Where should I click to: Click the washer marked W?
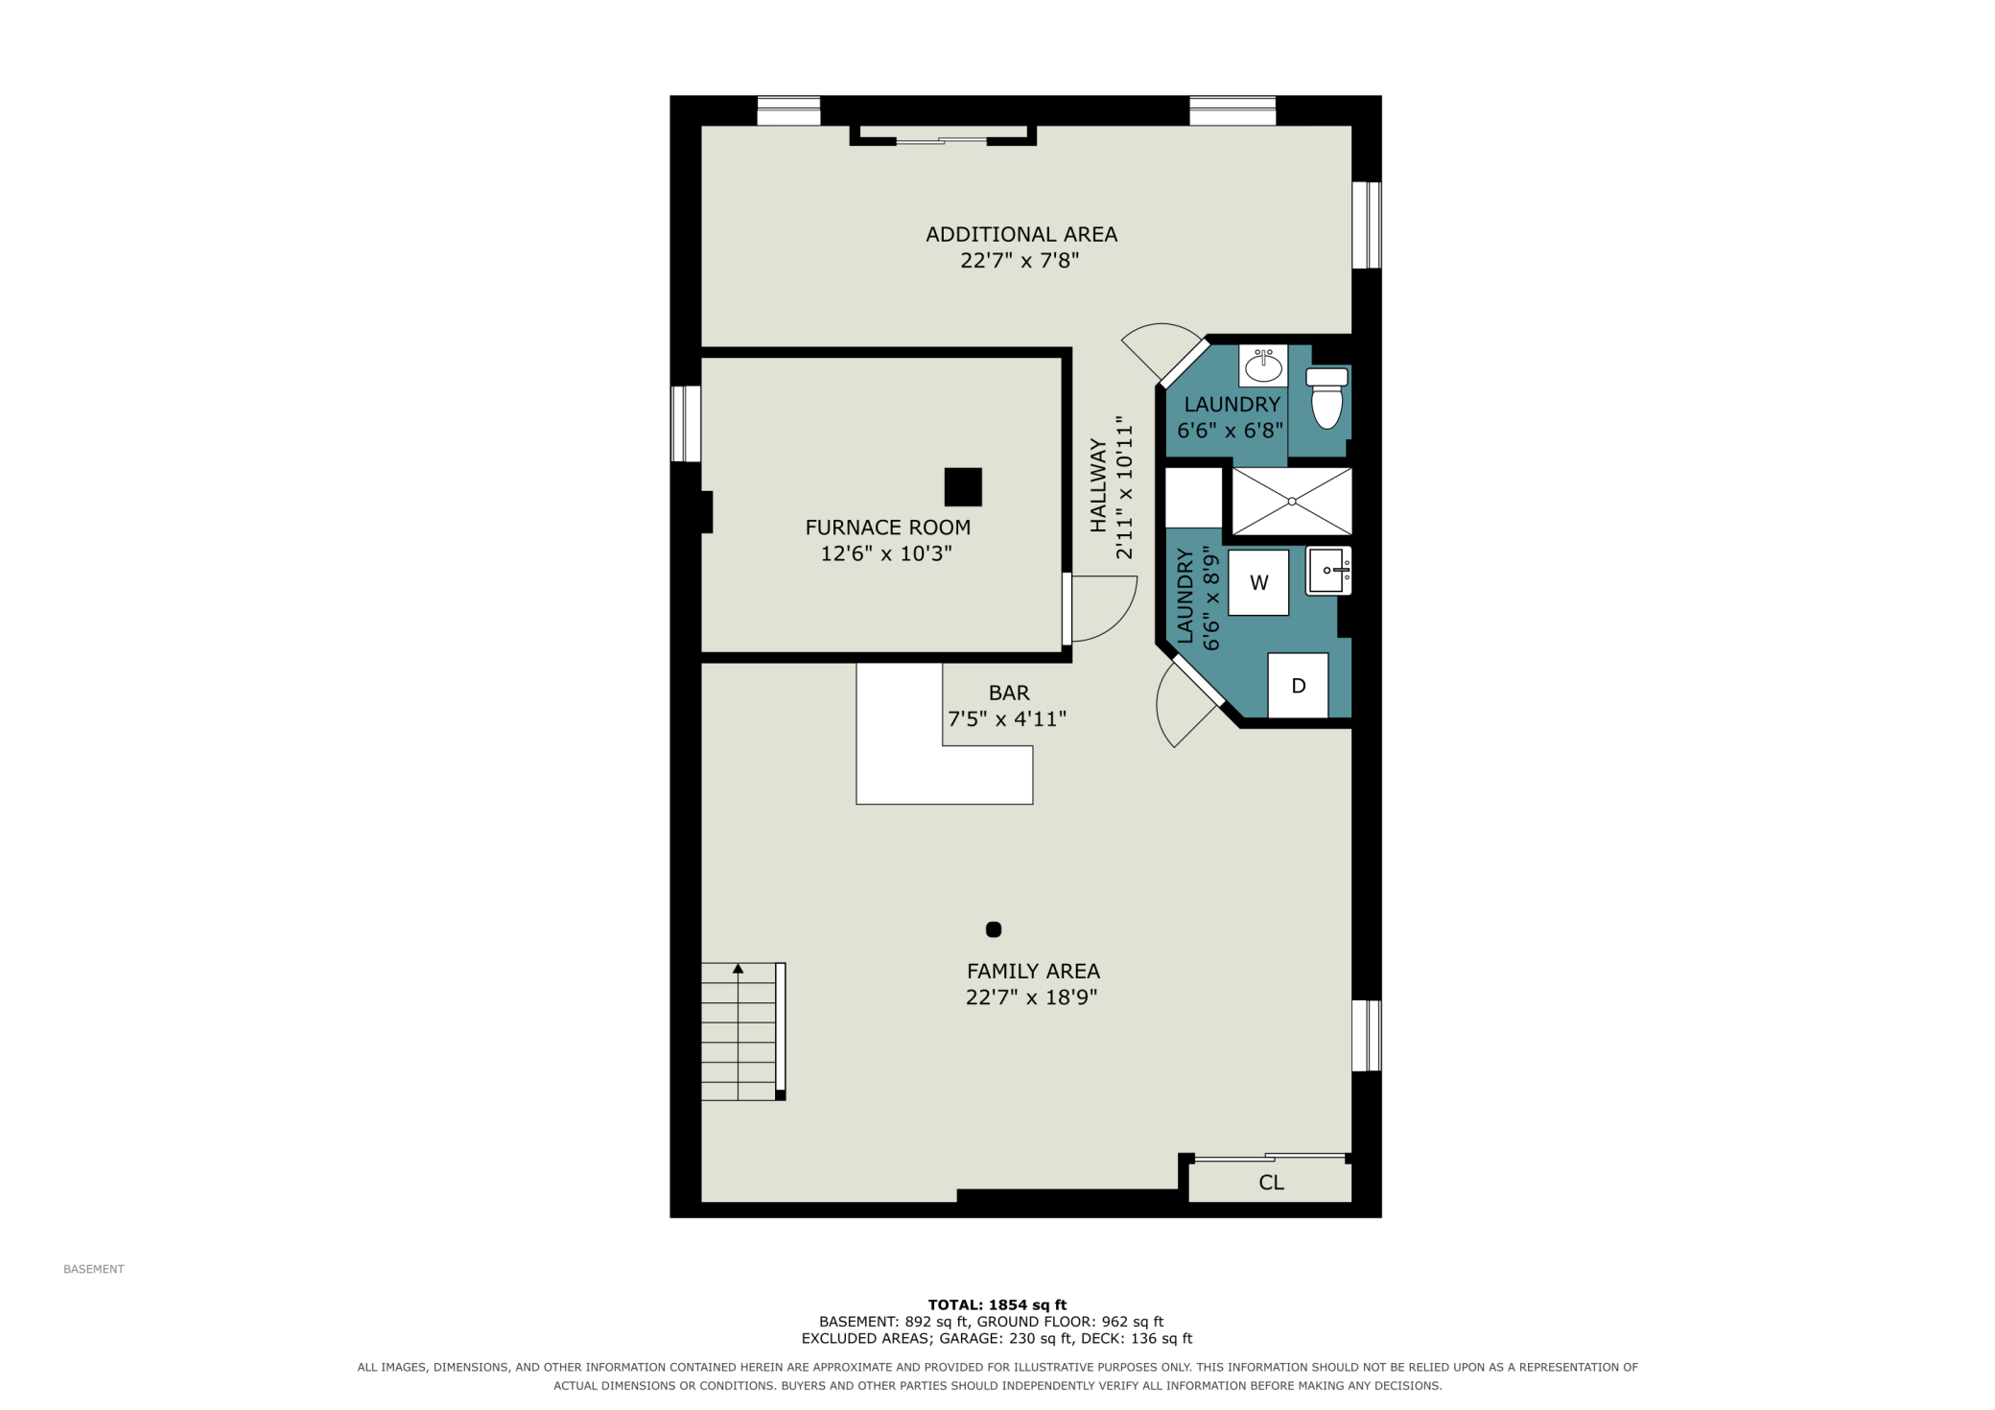click(1258, 582)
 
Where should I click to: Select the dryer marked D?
click(1298, 685)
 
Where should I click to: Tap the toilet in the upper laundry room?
click(1326, 397)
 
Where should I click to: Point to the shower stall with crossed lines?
click(1292, 501)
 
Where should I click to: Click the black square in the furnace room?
click(963, 486)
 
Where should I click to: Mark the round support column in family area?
click(994, 928)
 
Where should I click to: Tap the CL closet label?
click(1271, 1183)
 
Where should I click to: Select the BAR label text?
click(1009, 693)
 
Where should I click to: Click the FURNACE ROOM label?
click(888, 528)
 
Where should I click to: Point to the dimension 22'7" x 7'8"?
click(1020, 260)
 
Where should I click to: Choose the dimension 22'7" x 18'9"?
click(1031, 997)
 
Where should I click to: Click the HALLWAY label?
click(1098, 485)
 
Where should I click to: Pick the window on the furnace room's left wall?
click(686, 423)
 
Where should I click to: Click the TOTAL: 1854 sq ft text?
click(997, 1304)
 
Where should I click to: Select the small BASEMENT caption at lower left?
click(94, 1269)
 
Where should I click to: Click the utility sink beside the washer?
click(1328, 571)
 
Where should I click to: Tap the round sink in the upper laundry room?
click(1263, 365)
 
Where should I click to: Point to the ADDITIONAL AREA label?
click(1021, 234)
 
